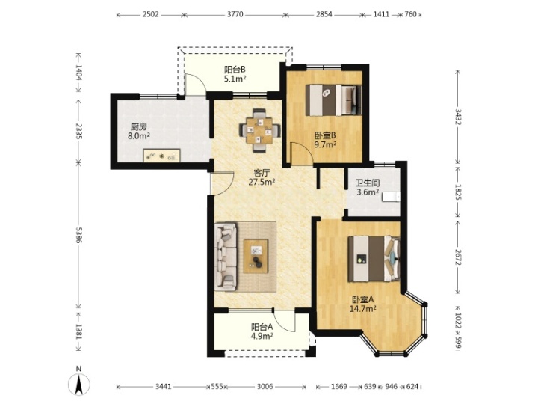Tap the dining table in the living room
point(260,130)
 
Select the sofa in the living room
point(226,256)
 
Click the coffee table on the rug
point(256,257)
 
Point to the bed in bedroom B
point(334,100)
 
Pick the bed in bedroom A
point(374,258)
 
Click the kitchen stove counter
point(161,156)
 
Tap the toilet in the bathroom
point(391,197)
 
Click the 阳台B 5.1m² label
point(235,74)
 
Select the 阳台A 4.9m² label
point(262,331)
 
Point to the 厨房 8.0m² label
point(139,131)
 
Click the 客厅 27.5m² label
point(262,177)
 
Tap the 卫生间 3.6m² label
point(368,187)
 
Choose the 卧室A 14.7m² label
point(362,304)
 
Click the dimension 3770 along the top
point(235,14)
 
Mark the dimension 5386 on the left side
point(79,235)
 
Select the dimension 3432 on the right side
point(458,117)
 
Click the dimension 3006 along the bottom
point(265,387)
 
